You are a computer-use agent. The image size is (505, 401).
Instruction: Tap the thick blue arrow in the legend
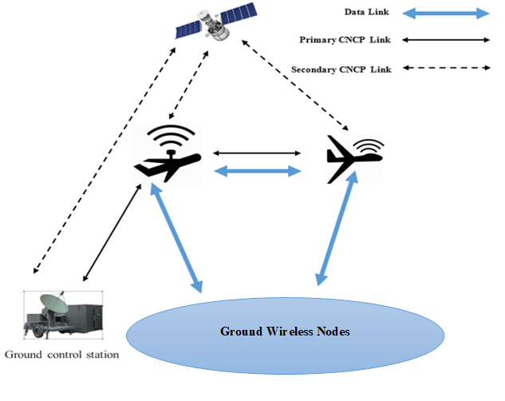coord(448,13)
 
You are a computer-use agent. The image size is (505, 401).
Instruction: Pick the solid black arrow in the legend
coord(448,39)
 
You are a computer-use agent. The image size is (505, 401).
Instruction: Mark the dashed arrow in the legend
coord(448,69)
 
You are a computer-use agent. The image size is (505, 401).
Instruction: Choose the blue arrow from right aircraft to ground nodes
coord(333,232)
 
